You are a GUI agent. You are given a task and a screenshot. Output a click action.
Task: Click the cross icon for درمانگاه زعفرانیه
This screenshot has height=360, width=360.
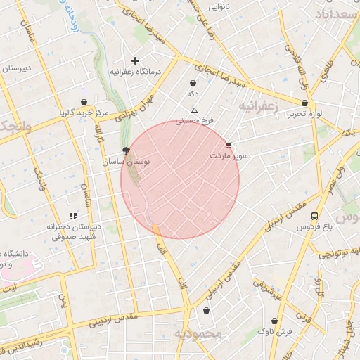click(136, 61)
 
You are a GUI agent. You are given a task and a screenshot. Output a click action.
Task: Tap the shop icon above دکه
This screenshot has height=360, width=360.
click(193, 84)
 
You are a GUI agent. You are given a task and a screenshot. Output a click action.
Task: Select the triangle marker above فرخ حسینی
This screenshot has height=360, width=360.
click(195, 111)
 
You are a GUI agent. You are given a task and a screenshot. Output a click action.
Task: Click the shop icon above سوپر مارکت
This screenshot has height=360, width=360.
click(228, 145)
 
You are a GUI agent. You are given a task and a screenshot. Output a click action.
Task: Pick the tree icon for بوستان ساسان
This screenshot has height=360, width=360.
click(126, 150)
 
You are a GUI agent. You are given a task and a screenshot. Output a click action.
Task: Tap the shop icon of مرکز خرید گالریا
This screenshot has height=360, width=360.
click(84, 102)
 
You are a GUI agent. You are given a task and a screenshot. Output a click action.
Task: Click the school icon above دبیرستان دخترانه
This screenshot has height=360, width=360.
click(72, 216)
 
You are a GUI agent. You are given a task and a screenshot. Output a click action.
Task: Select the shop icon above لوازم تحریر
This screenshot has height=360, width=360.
click(304, 103)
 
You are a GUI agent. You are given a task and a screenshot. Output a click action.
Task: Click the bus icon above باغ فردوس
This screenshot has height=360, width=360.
click(314, 216)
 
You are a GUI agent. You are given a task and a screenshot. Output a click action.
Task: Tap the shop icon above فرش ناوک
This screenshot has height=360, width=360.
click(274, 321)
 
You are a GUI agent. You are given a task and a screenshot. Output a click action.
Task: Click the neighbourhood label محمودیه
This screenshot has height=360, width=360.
click(198, 332)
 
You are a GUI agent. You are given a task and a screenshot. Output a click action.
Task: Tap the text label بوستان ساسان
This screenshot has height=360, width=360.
click(127, 162)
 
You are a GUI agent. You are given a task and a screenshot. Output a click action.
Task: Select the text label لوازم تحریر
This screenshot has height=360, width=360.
click(304, 114)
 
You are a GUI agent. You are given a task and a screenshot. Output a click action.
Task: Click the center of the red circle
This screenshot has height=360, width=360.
click(180, 180)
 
